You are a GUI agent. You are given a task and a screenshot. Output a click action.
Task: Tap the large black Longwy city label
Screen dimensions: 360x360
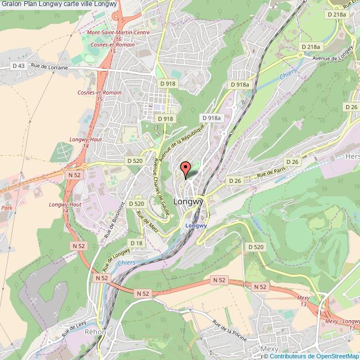coord(189,202)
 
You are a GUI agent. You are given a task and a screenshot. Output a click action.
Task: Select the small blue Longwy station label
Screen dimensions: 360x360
coord(196,225)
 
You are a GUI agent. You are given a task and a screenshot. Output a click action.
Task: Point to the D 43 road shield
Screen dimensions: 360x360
coord(18,66)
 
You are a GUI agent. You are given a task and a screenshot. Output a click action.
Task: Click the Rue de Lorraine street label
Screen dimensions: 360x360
coord(49,66)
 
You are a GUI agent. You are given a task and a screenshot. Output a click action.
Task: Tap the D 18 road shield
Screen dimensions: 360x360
coord(136,243)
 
